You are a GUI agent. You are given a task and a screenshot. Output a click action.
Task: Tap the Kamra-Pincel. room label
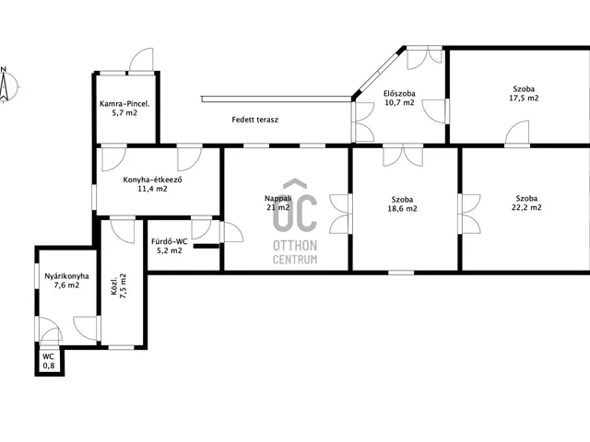(124, 104)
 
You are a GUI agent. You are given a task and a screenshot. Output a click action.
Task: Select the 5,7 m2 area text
(124, 112)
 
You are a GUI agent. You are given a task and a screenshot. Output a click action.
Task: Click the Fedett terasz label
(255, 120)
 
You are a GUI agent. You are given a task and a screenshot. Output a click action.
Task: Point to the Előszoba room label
(399, 93)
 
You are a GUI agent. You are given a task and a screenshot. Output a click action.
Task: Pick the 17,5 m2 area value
(524, 99)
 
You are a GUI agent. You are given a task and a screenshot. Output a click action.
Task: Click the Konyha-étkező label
(153, 180)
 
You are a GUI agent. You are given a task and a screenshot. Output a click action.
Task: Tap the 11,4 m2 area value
(152, 189)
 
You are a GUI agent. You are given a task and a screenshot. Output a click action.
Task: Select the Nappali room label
(278, 198)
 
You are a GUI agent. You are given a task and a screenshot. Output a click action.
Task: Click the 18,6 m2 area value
(402, 209)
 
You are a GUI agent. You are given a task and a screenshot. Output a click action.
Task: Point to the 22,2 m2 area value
(526, 207)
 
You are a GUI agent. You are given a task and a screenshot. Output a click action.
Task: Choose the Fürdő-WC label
(170, 241)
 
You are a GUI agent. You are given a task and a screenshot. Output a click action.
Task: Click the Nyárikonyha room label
(66, 276)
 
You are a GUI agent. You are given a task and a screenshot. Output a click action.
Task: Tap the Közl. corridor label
(114, 285)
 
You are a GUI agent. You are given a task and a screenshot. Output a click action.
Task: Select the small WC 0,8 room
(50, 361)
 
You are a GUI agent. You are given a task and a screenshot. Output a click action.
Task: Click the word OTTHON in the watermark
(295, 246)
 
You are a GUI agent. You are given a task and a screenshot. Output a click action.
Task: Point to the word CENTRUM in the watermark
(295, 260)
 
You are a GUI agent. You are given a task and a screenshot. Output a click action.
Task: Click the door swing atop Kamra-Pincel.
(141, 60)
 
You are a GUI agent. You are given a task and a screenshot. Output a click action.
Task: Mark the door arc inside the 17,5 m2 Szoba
(516, 133)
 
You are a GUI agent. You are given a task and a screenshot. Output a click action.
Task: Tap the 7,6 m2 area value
(66, 285)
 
